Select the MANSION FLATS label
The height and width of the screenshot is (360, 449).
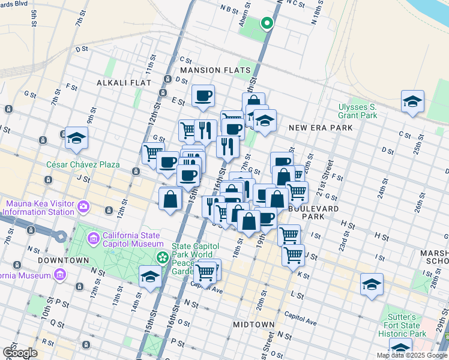[215, 70]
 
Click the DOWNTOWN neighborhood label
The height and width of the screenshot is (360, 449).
[64, 260]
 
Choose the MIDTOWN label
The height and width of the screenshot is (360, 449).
[253, 325]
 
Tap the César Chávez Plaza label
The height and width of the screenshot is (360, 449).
[83, 164]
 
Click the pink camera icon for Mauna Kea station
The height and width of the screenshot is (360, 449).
[83, 208]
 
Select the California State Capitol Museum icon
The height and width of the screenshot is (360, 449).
[93, 239]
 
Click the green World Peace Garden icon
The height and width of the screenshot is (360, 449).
[162, 257]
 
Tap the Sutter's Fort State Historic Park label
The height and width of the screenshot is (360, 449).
[405, 325]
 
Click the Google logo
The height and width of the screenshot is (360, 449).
[20, 353]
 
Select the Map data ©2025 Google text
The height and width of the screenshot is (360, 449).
[412, 355]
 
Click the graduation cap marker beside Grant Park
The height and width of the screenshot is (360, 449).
[412, 102]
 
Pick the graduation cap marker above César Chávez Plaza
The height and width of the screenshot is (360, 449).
[76, 139]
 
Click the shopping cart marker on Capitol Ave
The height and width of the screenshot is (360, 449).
[205, 272]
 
